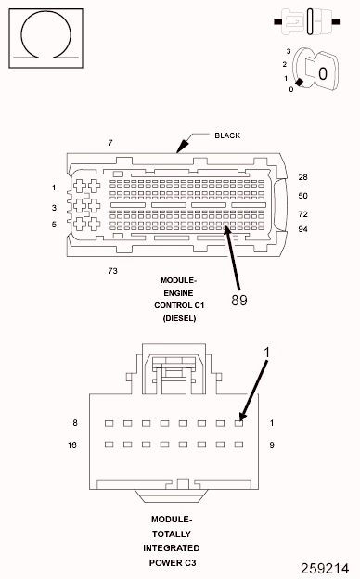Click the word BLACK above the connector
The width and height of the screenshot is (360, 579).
pos(227,135)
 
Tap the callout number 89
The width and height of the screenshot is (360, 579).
pos(239,300)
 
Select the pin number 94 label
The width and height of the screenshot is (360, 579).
pos(302,229)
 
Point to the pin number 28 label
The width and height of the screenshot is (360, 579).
pos(302,177)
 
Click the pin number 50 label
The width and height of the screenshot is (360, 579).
pos(302,196)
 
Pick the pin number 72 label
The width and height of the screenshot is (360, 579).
pos(302,214)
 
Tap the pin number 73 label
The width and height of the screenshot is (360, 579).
pos(112,271)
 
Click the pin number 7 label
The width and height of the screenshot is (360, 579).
pos(110,143)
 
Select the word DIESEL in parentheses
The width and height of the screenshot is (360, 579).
pos(179,318)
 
